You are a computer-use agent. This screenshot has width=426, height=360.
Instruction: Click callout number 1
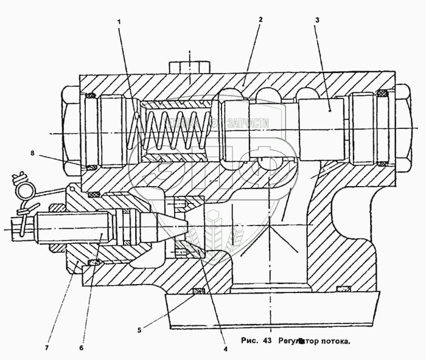[120, 22]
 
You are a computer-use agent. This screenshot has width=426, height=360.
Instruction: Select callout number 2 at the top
[260, 19]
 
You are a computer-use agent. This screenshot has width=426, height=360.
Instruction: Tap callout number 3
[316, 21]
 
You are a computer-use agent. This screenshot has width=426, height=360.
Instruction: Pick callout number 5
[139, 330]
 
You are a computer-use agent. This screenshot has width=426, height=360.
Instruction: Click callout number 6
[82, 348]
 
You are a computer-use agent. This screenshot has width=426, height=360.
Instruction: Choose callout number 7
[47, 348]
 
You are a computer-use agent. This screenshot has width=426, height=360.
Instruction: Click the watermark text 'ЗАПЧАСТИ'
[246, 123]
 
